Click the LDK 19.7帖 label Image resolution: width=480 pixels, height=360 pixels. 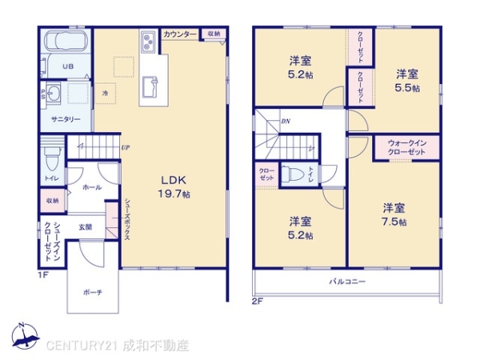(174, 187)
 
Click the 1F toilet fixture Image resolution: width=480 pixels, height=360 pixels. (52, 153)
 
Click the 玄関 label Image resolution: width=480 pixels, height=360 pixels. (86, 226)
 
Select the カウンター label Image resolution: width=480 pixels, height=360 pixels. (181, 34)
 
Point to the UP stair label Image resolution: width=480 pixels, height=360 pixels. (126, 147)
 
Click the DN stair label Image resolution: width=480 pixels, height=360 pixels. (285, 122)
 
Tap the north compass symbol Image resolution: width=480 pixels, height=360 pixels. (24, 335)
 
